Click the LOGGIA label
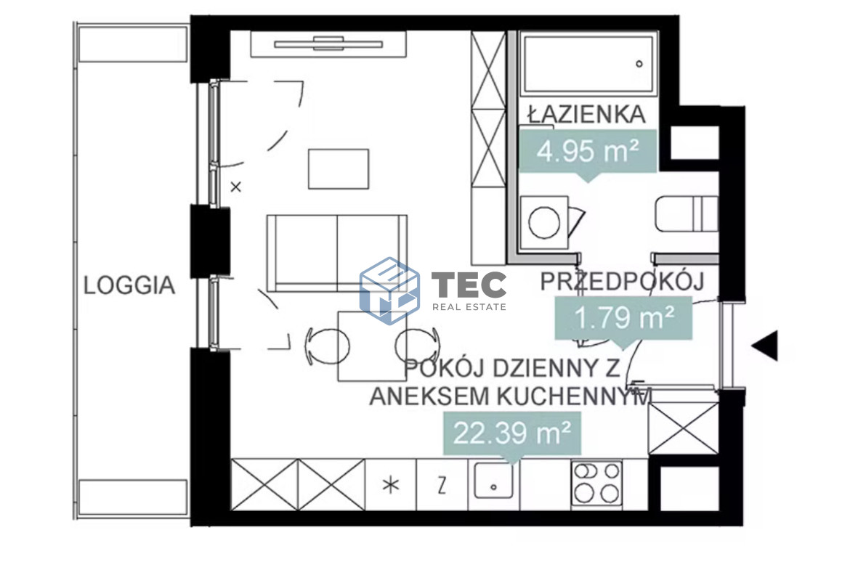point(129,285)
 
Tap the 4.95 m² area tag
point(588,152)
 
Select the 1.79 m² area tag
point(623,317)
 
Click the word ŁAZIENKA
point(586,114)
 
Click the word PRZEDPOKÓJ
point(622,281)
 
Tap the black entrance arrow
point(765,346)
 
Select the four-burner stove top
point(597,484)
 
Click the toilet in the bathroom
point(685,213)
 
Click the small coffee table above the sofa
point(339,168)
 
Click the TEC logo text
point(469,285)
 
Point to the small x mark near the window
point(235,187)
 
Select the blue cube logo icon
point(389,290)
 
